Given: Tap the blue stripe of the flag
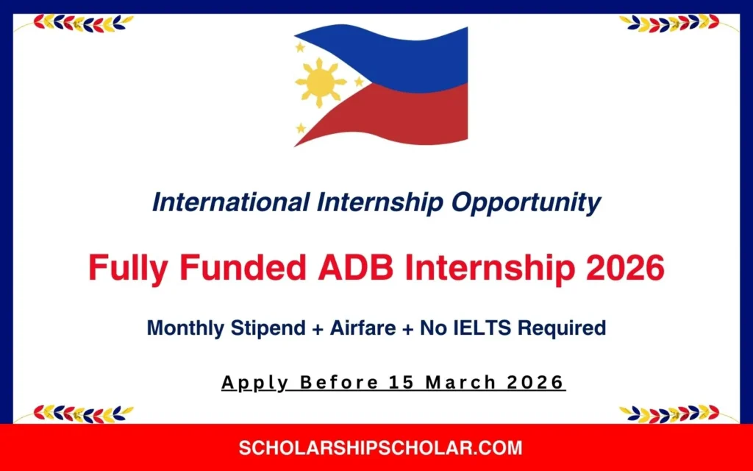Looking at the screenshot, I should [x=412, y=55].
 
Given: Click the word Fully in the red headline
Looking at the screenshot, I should [x=125, y=269].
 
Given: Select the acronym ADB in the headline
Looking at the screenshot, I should [x=349, y=269].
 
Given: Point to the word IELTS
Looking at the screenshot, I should [x=479, y=328].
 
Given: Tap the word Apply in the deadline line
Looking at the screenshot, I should [x=247, y=383].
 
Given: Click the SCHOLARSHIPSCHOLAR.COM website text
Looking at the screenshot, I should [x=380, y=447].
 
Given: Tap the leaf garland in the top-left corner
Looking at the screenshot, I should [x=81, y=23].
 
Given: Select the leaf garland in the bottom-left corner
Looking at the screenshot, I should [x=81, y=413].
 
